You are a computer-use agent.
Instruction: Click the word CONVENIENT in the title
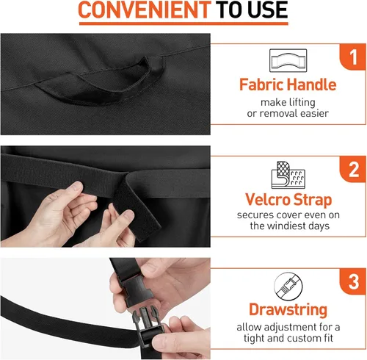(x=145, y=10)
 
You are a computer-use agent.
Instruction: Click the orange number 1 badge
(x=353, y=57)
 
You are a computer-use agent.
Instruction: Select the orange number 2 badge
(x=353, y=169)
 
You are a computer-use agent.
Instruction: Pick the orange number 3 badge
(x=353, y=281)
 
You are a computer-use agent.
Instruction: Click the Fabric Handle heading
(x=288, y=84)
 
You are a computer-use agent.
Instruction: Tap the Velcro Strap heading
(x=288, y=200)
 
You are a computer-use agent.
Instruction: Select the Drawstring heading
(x=288, y=310)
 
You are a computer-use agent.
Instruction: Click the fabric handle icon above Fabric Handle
(x=288, y=60)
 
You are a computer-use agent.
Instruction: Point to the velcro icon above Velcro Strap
(x=288, y=175)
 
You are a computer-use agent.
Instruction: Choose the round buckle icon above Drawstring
(x=288, y=287)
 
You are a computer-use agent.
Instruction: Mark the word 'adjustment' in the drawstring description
(x=287, y=327)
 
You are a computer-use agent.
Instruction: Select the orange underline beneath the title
(x=183, y=24)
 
